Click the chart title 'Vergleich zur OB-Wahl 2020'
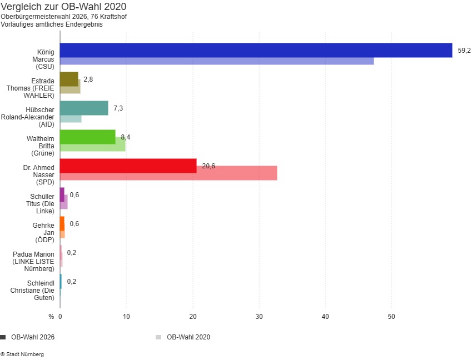pyautogui.click(x=63, y=7)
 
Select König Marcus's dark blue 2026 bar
pyautogui.click(x=256, y=50)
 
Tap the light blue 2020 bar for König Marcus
pyautogui.click(x=217, y=61)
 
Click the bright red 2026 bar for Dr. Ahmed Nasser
pyautogui.click(x=128, y=166)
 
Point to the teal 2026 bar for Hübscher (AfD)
pyautogui.click(x=84, y=108)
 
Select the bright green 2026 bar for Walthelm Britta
pyautogui.click(x=87, y=137)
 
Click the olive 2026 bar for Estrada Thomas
pyautogui.click(x=69, y=79)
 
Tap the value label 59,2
pyautogui.click(x=464, y=51)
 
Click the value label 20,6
pyautogui.click(x=208, y=166)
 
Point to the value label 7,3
pyautogui.click(x=118, y=108)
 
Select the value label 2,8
pyautogui.click(x=88, y=79)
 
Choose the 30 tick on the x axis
pyautogui.click(x=259, y=317)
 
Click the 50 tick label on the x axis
pyautogui.click(x=391, y=317)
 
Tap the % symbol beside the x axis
pyautogui.click(x=51, y=317)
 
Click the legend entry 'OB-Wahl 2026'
pyautogui.click(x=32, y=337)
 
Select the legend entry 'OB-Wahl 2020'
pyautogui.click(x=188, y=337)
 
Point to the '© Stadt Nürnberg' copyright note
pyautogui.click(x=22, y=354)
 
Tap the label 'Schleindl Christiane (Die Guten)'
pyautogui.click(x=33, y=290)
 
